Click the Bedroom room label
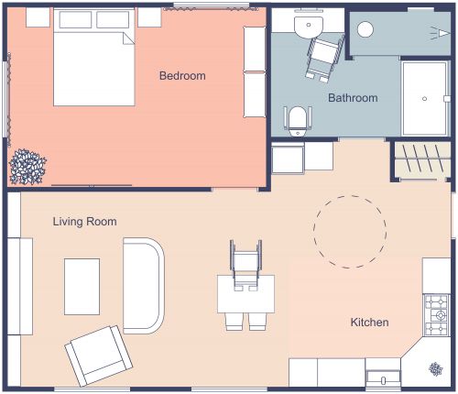click(182, 76)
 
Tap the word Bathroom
click(353, 98)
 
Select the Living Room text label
click(84, 222)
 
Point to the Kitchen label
click(370, 323)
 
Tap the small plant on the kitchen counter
click(435, 368)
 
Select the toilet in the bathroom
click(298, 120)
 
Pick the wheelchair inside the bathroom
click(323, 55)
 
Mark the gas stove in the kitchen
click(436, 313)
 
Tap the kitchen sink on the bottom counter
click(383, 375)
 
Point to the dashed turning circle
click(349, 231)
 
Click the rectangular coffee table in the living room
click(82, 286)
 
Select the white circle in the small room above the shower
click(366, 29)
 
